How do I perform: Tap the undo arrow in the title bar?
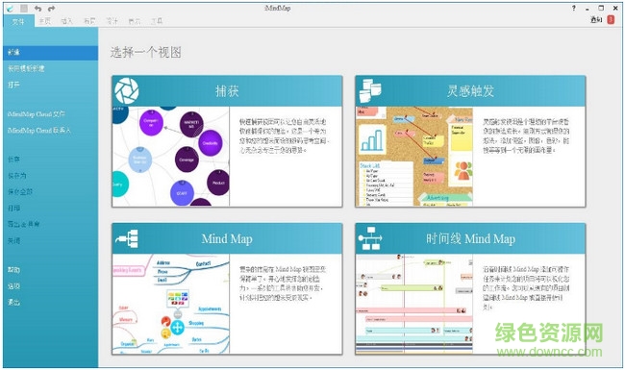(37, 7)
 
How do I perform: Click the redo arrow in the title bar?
(50, 7)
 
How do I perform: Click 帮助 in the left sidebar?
(14, 270)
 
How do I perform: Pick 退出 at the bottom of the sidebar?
(14, 302)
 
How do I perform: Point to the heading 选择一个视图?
(146, 53)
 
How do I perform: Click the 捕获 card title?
(228, 91)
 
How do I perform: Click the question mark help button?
(575, 7)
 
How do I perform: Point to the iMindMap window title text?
(312, 7)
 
